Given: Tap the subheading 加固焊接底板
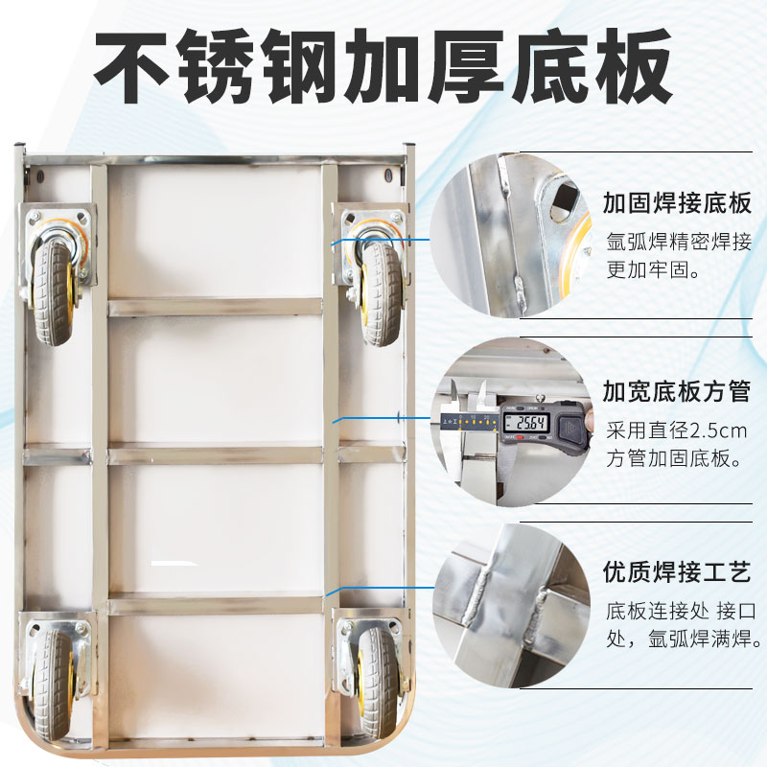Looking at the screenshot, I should click(675, 203).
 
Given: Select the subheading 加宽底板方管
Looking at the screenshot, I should click(675, 391).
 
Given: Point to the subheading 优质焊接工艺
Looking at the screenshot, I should click(675, 571).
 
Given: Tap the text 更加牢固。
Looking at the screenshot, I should click(652, 269).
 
